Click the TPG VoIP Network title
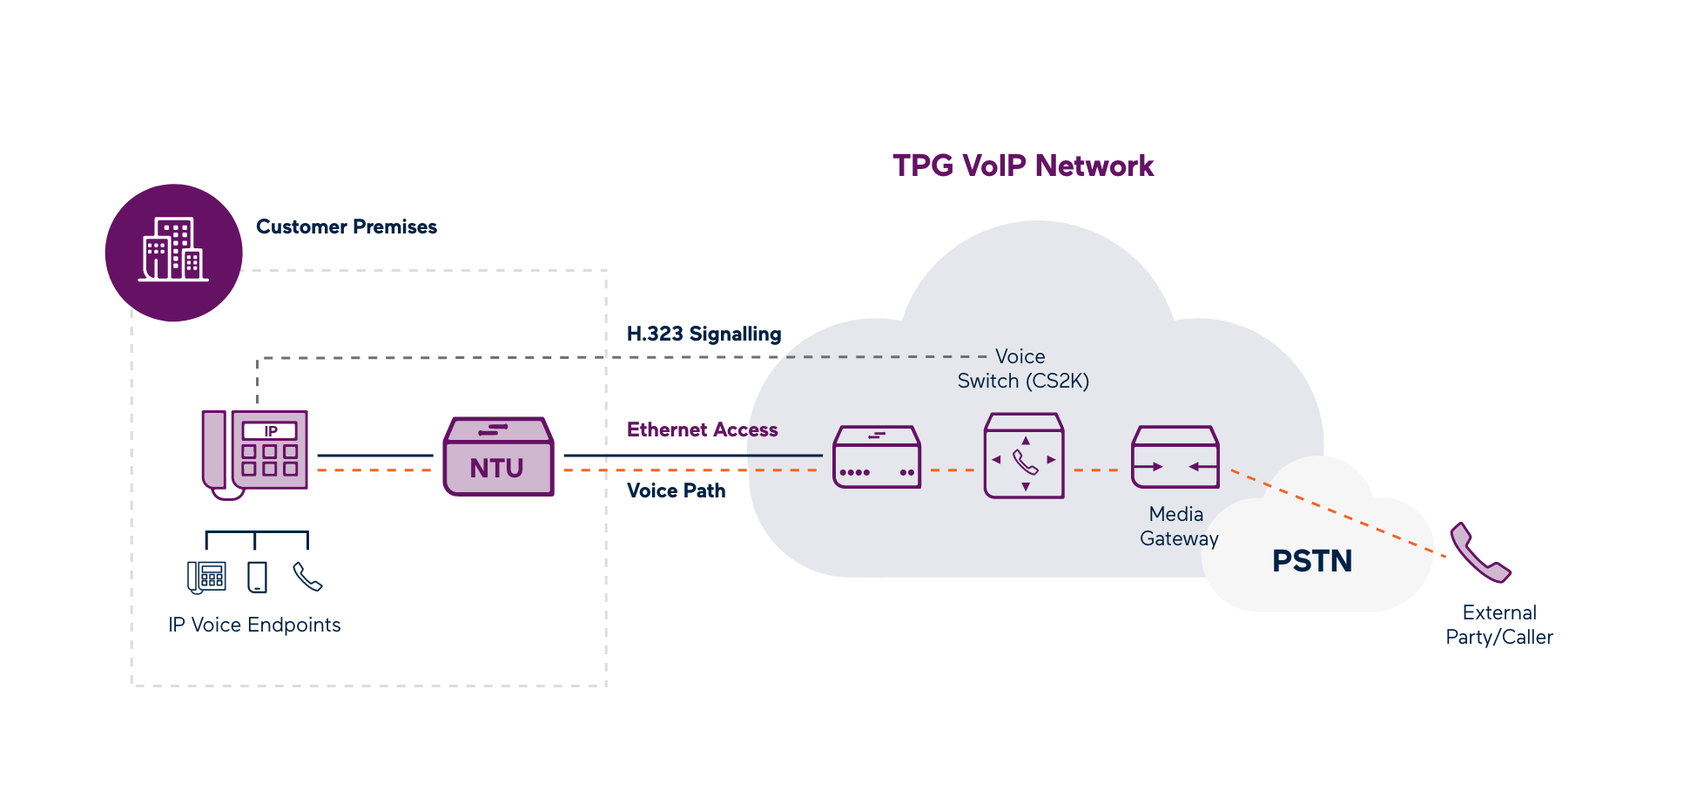[x=1022, y=166]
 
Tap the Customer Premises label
[x=347, y=226]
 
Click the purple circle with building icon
[x=173, y=252]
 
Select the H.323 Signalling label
[x=704, y=334]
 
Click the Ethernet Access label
[x=702, y=429]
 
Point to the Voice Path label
[x=676, y=490]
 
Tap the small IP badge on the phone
[x=270, y=431]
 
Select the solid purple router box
[x=498, y=456]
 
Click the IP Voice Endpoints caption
[x=254, y=625]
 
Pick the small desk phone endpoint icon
[x=206, y=577]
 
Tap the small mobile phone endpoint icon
[x=257, y=577]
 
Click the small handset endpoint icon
[x=307, y=577]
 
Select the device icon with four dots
[x=876, y=457]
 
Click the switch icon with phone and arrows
[x=1024, y=456]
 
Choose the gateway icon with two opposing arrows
[x=1175, y=457]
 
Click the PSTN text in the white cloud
[x=1311, y=560]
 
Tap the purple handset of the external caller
[x=1478, y=553]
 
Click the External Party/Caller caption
[x=1498, y=625]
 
